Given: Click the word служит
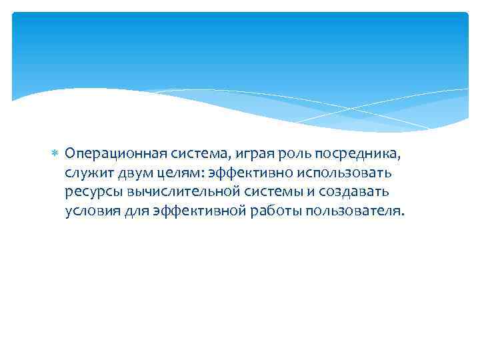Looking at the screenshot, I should tap(89, 173).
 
